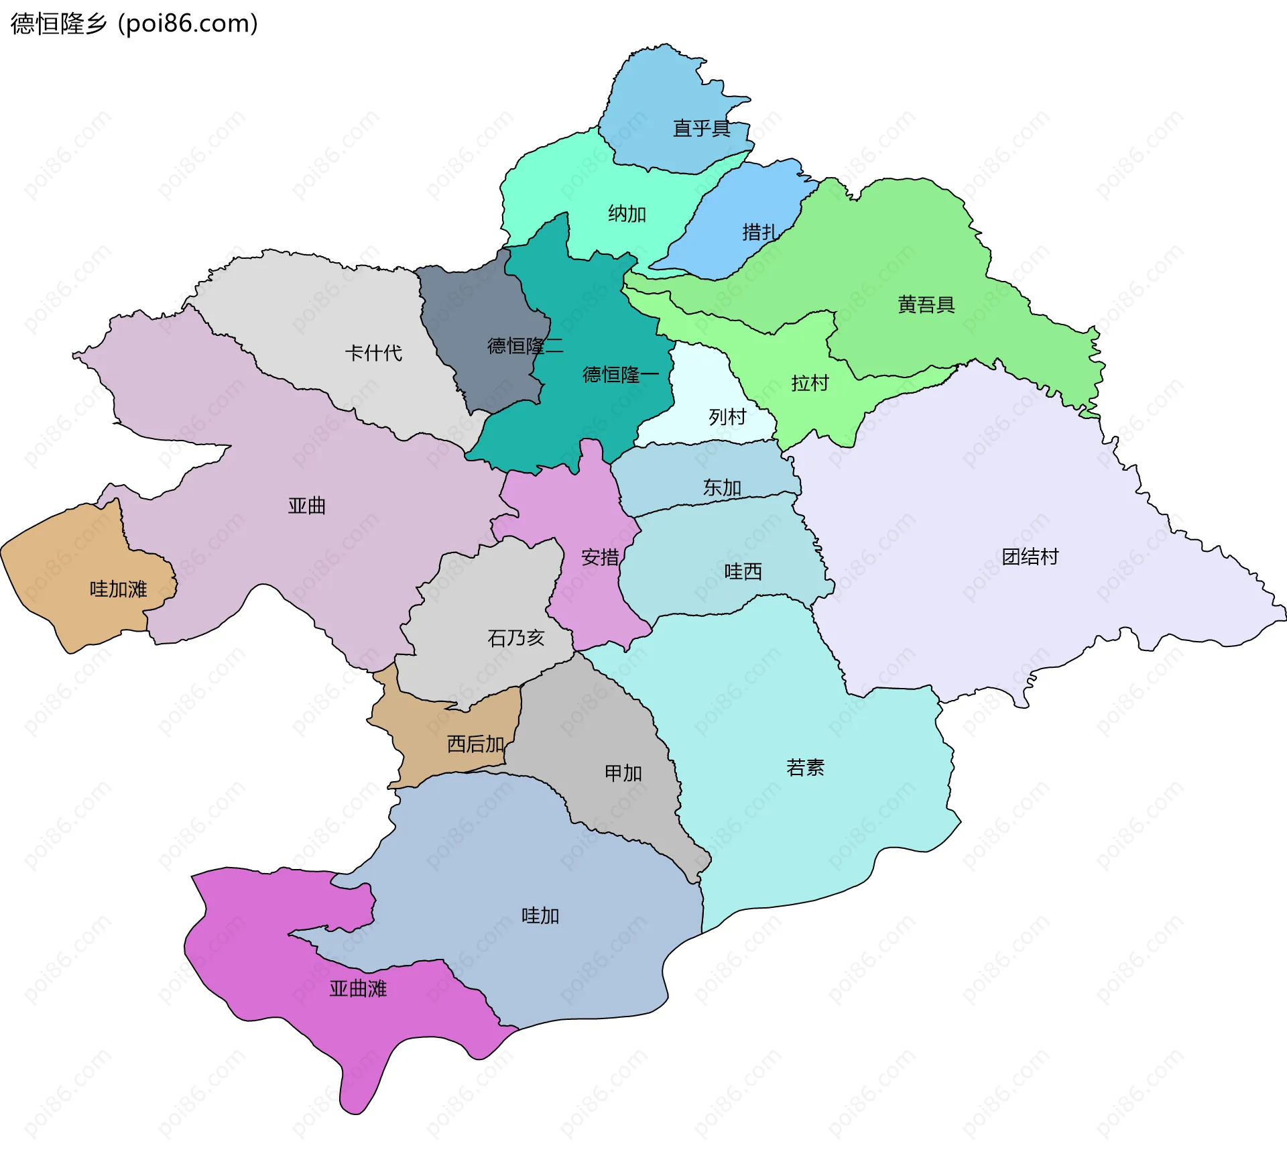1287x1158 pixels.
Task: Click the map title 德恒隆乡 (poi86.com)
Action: coord(134,23)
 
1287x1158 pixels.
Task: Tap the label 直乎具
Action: coord(701,128)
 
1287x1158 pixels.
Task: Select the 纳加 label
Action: coord(627,214)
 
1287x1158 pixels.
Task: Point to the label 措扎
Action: coord(760,232)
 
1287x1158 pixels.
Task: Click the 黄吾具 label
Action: coord(926,305)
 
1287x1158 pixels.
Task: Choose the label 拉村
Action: coord(810,383)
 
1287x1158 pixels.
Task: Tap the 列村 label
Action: coord(727,417)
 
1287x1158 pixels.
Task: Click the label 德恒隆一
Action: coord(620,374)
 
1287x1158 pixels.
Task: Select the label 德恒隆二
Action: coord(525,346)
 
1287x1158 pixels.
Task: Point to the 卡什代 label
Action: coord(373,353)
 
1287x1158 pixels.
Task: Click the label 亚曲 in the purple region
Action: coord(307,506)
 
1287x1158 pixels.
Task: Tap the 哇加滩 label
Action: coord(118,589)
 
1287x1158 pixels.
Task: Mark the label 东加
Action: coord(722,487)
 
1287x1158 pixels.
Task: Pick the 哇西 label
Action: coord(743,571)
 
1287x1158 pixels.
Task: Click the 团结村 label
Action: coord(1030,557)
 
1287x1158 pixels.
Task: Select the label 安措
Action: coord(600,557)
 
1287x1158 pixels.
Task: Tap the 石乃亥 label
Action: coord(515,638)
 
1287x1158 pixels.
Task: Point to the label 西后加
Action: coord(475,744)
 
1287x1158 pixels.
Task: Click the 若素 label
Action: coord(805,767)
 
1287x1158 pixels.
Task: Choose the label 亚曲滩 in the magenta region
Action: coord(358,988)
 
